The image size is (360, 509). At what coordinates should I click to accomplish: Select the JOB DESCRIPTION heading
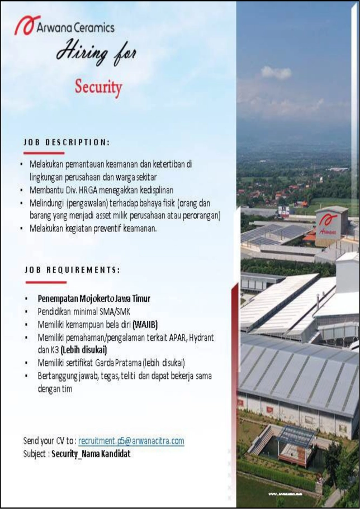point(67,142)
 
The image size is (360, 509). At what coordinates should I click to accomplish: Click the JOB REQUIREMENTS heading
point(72,269)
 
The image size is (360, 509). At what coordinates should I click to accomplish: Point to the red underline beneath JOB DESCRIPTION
point(44,153)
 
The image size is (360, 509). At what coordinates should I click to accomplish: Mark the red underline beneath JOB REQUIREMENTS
point(46,282)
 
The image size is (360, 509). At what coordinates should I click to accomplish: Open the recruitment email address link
point(131,441)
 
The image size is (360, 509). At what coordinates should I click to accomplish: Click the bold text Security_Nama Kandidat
point(91,454)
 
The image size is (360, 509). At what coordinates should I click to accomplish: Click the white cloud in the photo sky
point(276,72)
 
